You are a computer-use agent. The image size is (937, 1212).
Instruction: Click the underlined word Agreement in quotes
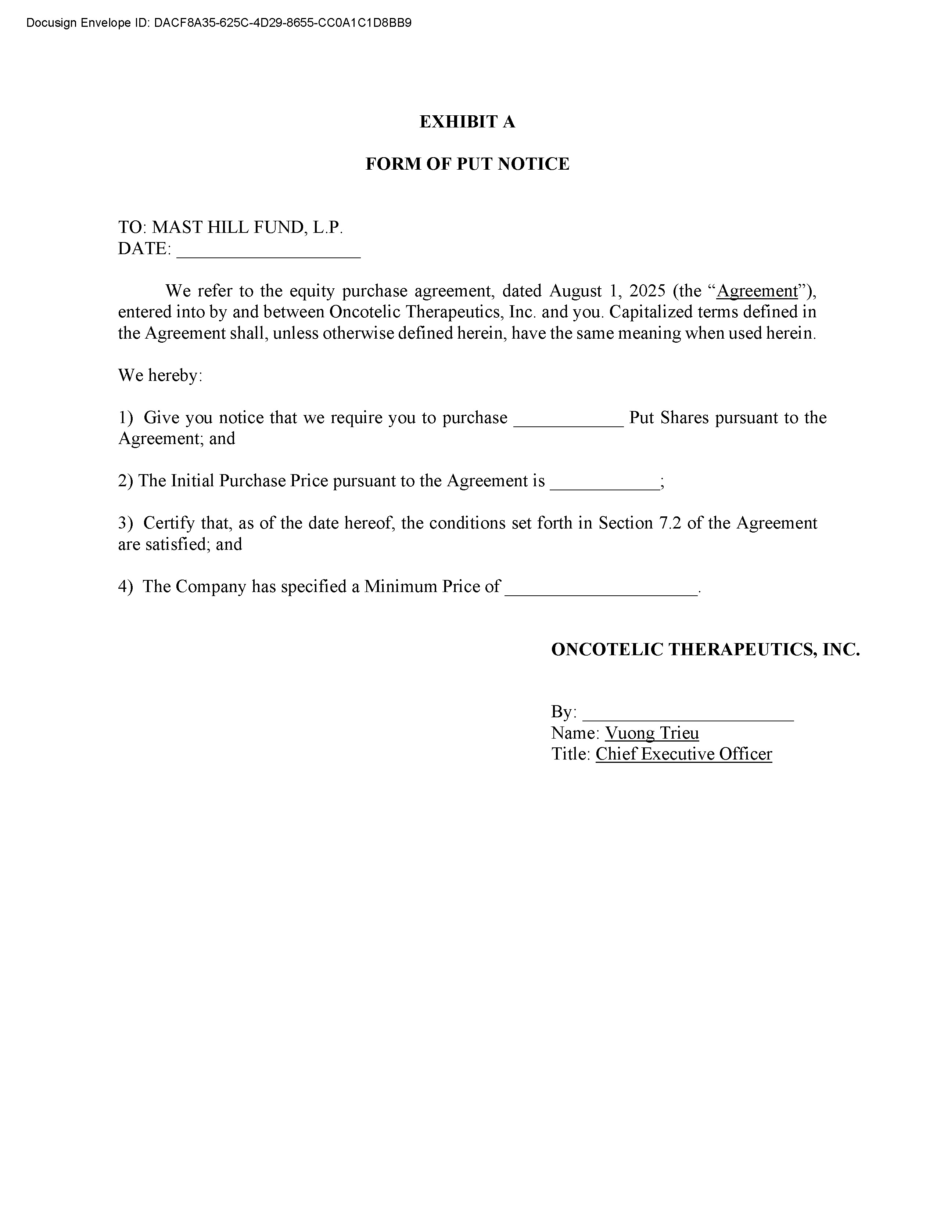(x=757, y=291)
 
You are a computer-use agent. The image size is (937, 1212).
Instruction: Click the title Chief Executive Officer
(x=683, y=754)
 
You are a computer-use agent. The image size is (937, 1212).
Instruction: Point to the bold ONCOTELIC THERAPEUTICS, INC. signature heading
(x=706, y=649)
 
